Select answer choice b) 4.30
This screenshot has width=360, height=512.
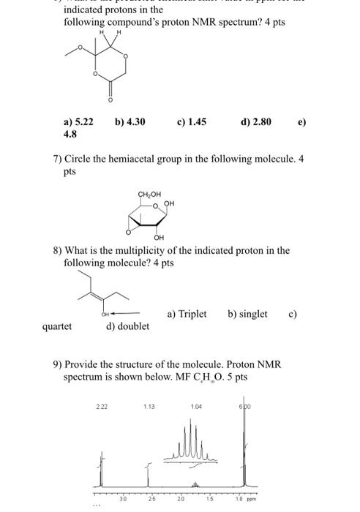click(130, 122)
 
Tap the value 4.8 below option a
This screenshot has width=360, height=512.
click(70, 135)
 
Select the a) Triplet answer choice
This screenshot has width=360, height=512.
click(187, 314)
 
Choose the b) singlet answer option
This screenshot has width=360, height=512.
click(247, 314)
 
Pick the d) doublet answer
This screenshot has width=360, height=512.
click(128, 326)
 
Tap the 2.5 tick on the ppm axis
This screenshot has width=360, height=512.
click(152, 500)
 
